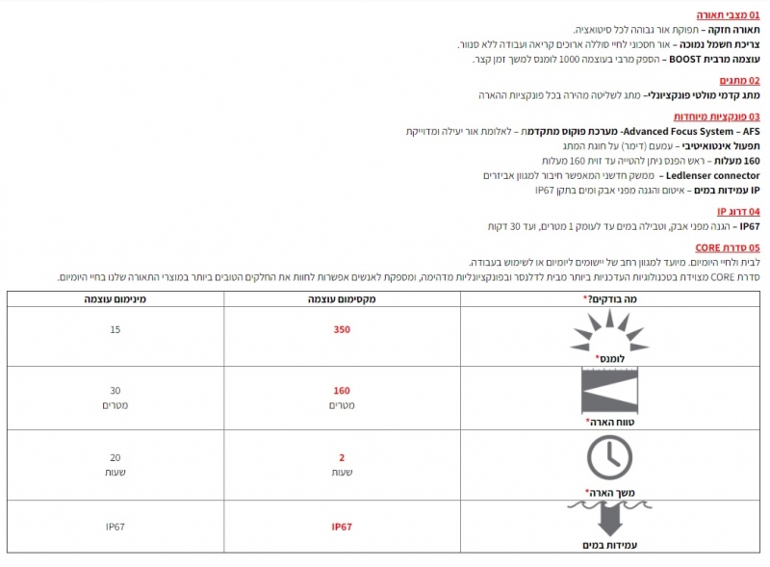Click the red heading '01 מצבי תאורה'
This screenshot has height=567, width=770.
728,15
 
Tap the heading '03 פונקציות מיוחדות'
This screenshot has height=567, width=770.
716,116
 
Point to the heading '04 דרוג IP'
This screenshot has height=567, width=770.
738,211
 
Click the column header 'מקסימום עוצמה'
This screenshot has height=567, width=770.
343,300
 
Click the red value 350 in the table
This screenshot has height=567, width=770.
343,329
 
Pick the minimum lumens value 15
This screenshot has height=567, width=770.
115,329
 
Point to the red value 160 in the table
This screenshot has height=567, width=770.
342,391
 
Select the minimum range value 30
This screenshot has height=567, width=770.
115,391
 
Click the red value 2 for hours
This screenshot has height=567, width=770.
342,457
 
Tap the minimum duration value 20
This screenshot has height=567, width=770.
115,457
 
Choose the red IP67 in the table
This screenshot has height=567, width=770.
343,527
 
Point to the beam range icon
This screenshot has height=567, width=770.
609,393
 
